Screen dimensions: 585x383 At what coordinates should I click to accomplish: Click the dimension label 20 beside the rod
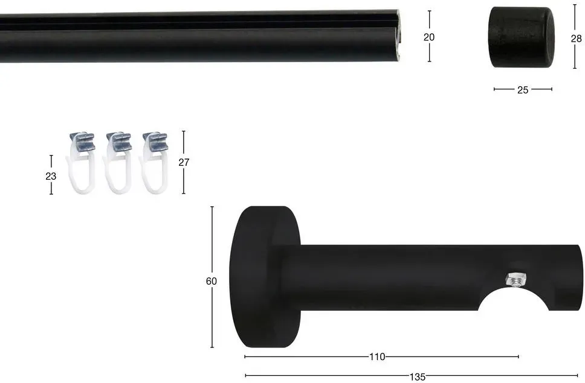click(x=429, y=37)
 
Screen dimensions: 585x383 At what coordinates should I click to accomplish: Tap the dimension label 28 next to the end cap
click(x=576, y=39)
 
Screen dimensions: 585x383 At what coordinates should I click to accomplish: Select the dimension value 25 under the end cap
click(x=523, y=90)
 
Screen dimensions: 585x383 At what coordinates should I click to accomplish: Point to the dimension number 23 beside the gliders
click(x=51, y=176)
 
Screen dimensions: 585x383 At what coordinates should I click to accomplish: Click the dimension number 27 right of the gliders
click(x=184, y=162)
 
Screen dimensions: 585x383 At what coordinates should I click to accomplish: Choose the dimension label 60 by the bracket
click(x=211, y=281)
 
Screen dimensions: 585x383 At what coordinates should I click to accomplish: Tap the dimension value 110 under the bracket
click(x=377, y=357)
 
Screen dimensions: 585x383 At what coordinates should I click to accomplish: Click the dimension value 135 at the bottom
click(x=417, y=377)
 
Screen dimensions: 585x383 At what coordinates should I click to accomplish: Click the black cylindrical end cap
click(x=521, y=37)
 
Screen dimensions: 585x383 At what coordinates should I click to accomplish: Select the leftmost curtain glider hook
click(x=82, y=163)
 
